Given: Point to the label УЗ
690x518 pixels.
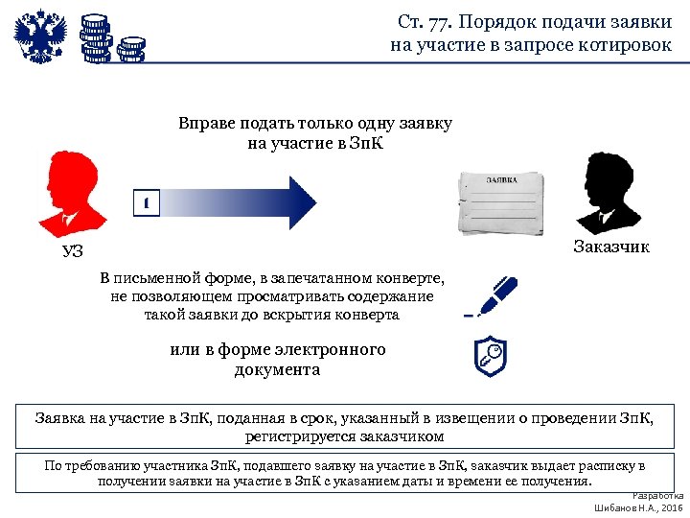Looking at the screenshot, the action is coord(73,252).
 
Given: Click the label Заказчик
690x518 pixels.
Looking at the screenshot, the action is coord(611,247).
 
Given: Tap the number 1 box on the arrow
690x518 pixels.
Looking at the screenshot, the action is coord(145,203).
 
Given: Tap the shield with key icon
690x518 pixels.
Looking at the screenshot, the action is coord(491,356).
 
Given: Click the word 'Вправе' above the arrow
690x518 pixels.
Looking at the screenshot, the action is coord(204,124).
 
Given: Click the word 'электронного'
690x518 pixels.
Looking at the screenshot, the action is coord(333,349).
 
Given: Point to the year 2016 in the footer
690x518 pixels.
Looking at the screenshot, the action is coord(669,507).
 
